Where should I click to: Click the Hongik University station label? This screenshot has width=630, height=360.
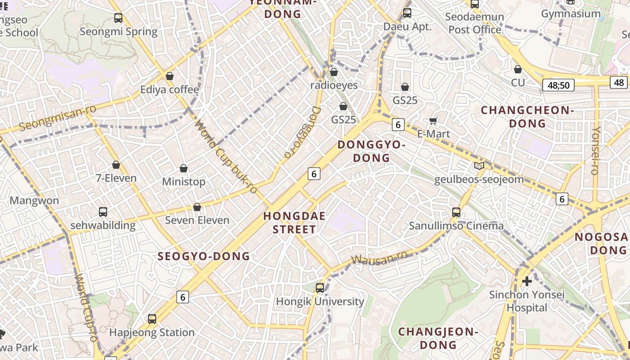tap(319, 301)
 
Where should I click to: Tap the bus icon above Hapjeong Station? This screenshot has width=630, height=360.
tap(152, 319)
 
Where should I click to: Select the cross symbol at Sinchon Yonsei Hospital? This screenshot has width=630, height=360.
tap(526, 282)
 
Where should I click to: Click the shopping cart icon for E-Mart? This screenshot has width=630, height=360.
tap(433, 120)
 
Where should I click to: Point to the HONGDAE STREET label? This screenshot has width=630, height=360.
tap(294, 222)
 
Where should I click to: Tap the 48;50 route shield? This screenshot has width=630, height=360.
tap(558, 85)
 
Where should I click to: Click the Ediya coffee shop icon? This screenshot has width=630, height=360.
tap(170, 76)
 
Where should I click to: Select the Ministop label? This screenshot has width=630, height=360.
tap(184, 182)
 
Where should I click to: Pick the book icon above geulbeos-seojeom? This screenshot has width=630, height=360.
tap(479, 166)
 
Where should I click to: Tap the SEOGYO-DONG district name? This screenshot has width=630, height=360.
tap(204, 256)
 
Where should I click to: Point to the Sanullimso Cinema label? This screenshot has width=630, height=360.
tap(456, 226)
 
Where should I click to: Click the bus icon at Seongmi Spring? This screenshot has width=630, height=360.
tap(118, 18)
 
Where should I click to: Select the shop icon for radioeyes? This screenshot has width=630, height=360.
tap(334, 72)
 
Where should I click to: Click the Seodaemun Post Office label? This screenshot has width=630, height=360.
tap(475, 23)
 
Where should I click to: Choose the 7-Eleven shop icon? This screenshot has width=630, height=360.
tap(116, 165)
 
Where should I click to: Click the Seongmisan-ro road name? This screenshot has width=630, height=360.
tap(52, 118)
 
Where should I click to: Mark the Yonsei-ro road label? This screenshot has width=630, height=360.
tap(595, 151)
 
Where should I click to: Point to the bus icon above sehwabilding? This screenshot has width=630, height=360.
tap(103, 211)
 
